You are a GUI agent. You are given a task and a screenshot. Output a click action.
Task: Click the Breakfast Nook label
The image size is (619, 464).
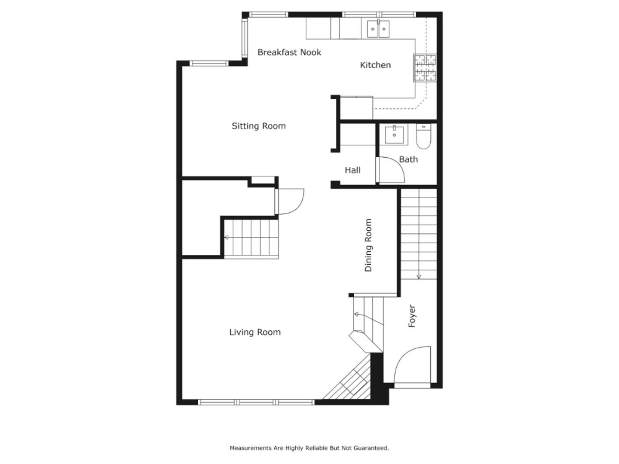(x=289, y=52)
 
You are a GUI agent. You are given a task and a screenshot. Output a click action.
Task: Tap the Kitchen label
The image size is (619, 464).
(x=375, y=65)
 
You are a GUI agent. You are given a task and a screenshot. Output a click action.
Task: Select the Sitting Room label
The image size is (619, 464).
(x=258, y=126)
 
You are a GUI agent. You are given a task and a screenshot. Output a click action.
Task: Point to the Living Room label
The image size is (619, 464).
(x=254, y=332)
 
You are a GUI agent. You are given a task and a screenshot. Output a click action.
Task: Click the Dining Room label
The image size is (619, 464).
(x=368, y=245)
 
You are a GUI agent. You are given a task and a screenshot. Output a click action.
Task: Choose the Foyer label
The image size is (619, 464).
(x=412, y=316)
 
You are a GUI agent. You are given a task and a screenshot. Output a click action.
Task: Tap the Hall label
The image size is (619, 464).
(x=352, y=170)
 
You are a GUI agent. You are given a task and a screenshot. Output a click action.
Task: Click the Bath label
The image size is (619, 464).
(x=408, y=159)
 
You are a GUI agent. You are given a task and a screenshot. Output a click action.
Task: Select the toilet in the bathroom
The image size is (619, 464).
(x=423, y=137)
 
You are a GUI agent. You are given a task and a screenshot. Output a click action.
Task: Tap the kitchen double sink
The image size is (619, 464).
(x=378, y=29)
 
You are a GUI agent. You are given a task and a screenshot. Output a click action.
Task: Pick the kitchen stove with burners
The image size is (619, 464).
(x=425, y=68)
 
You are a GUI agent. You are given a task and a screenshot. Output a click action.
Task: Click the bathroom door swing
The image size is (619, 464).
(x=392, y=170)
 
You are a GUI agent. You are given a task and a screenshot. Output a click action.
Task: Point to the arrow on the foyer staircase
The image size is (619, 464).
(x=419, y=276)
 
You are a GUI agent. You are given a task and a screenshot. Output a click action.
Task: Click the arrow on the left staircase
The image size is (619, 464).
(x=227, y=237)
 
